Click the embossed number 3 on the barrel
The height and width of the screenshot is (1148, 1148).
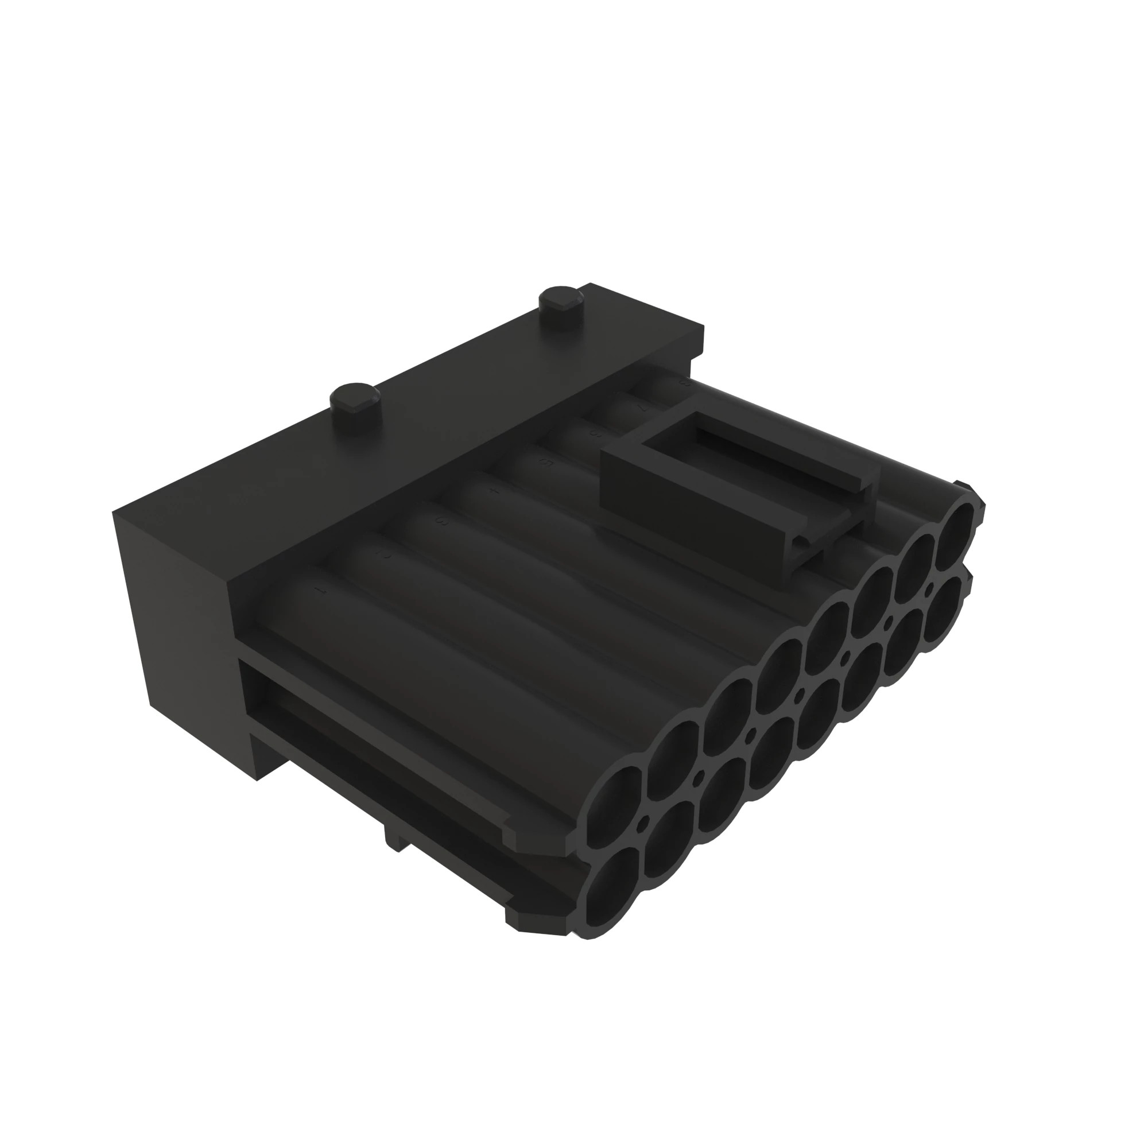click(441, 522)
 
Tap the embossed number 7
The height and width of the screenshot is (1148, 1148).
click(641, 408)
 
